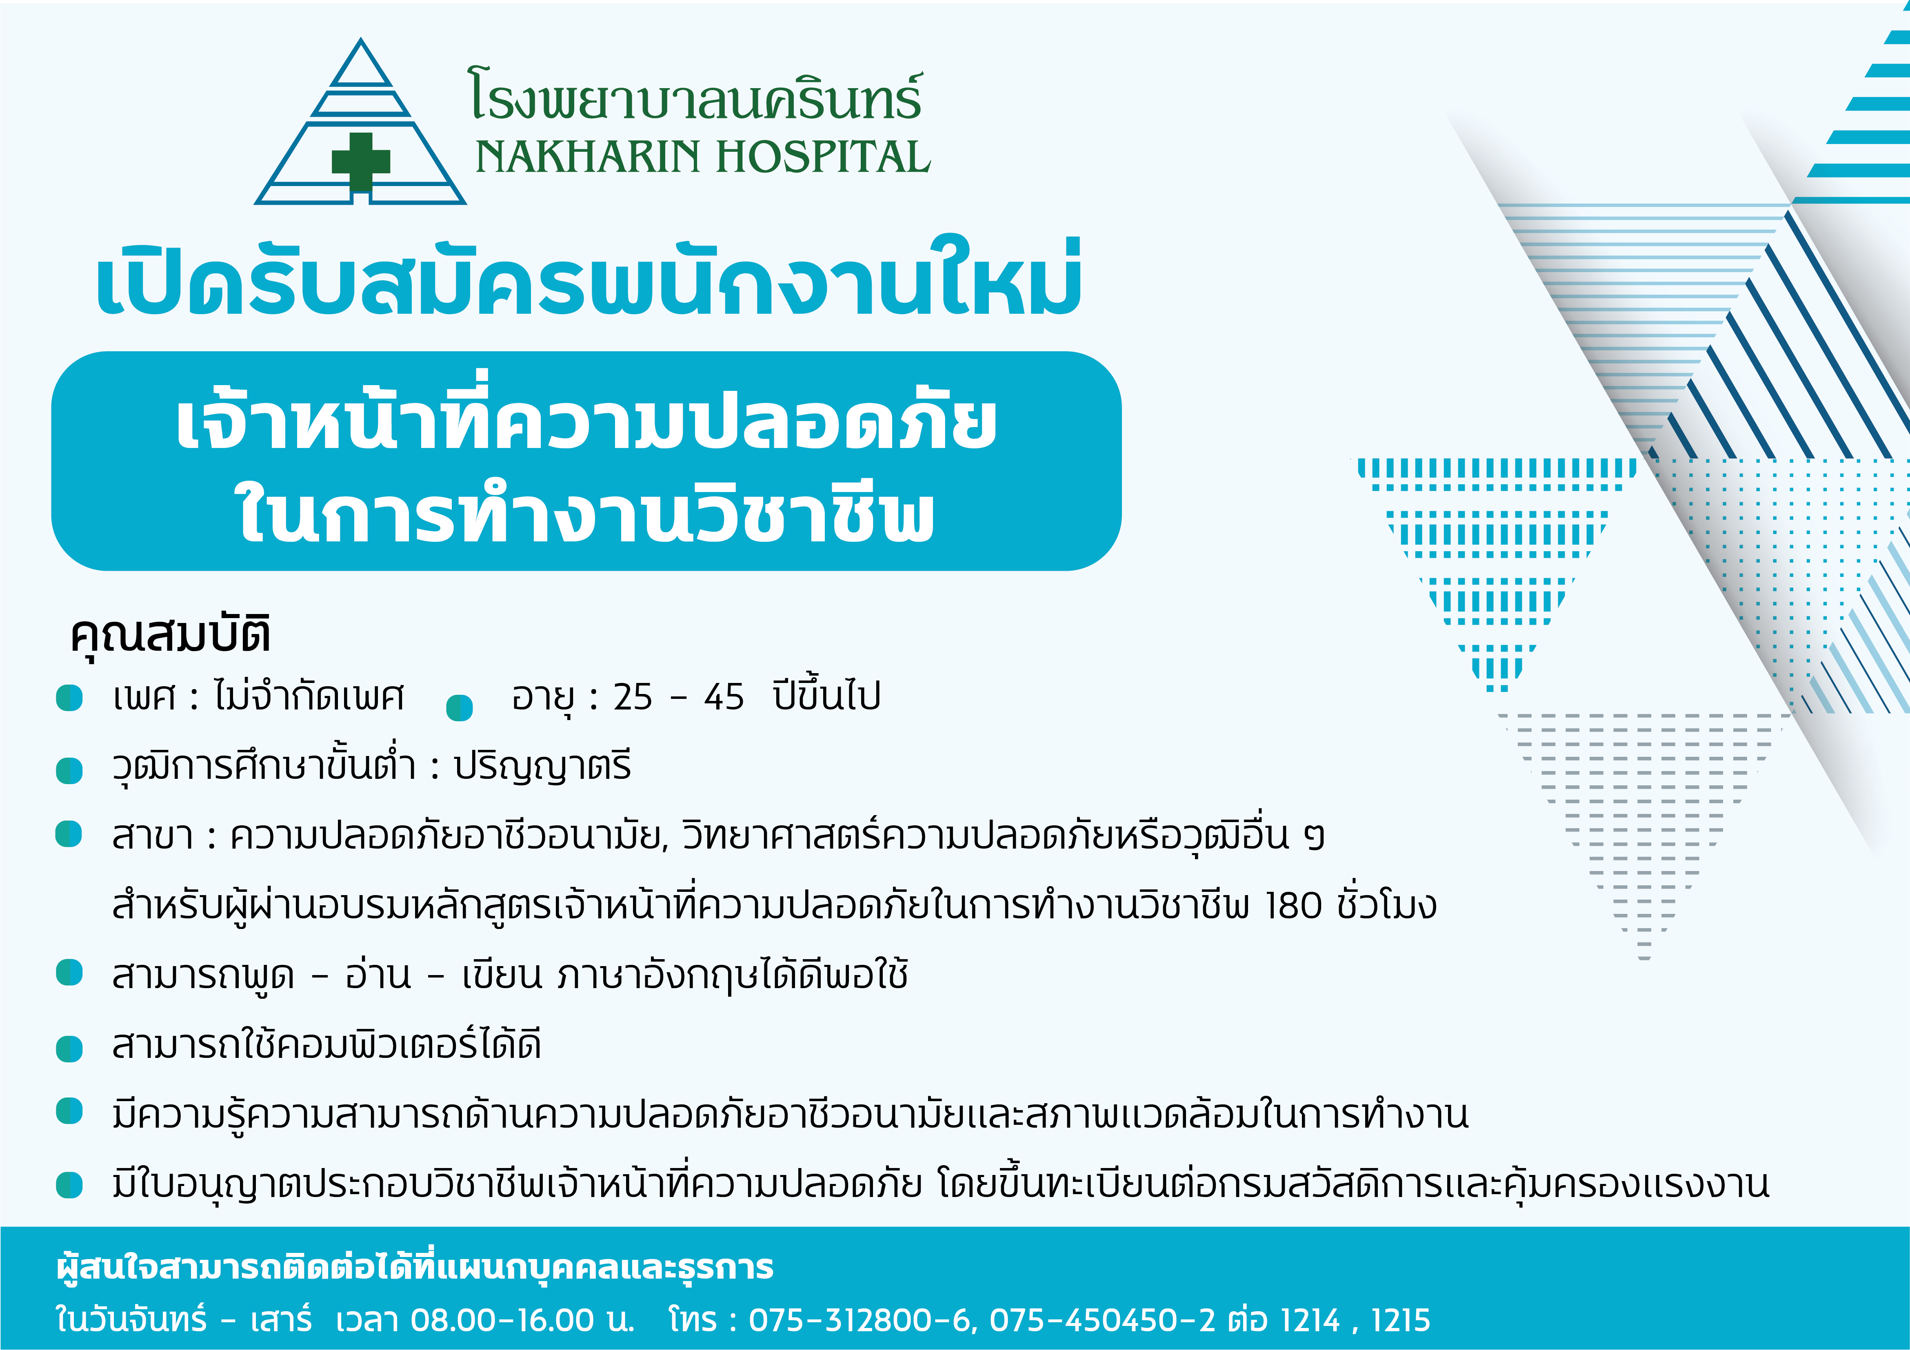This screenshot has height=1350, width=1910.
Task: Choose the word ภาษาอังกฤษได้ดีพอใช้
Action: (x=732, y=975)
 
